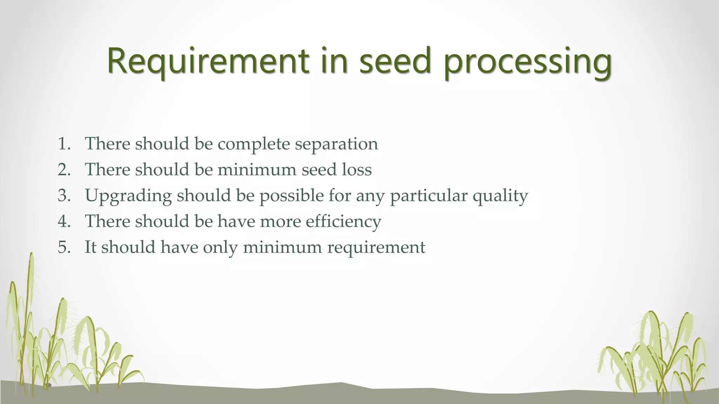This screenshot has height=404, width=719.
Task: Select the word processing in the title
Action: click(x=527, y=63)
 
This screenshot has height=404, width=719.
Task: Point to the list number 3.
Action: click(x=64, y=195)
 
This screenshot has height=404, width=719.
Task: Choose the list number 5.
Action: click(x=64, y=247)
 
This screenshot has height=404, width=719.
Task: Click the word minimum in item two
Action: click(x=257, y=170)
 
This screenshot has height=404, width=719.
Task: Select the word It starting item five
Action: click(x=90, y=247)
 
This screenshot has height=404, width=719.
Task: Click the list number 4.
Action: click(x=64, y=221)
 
